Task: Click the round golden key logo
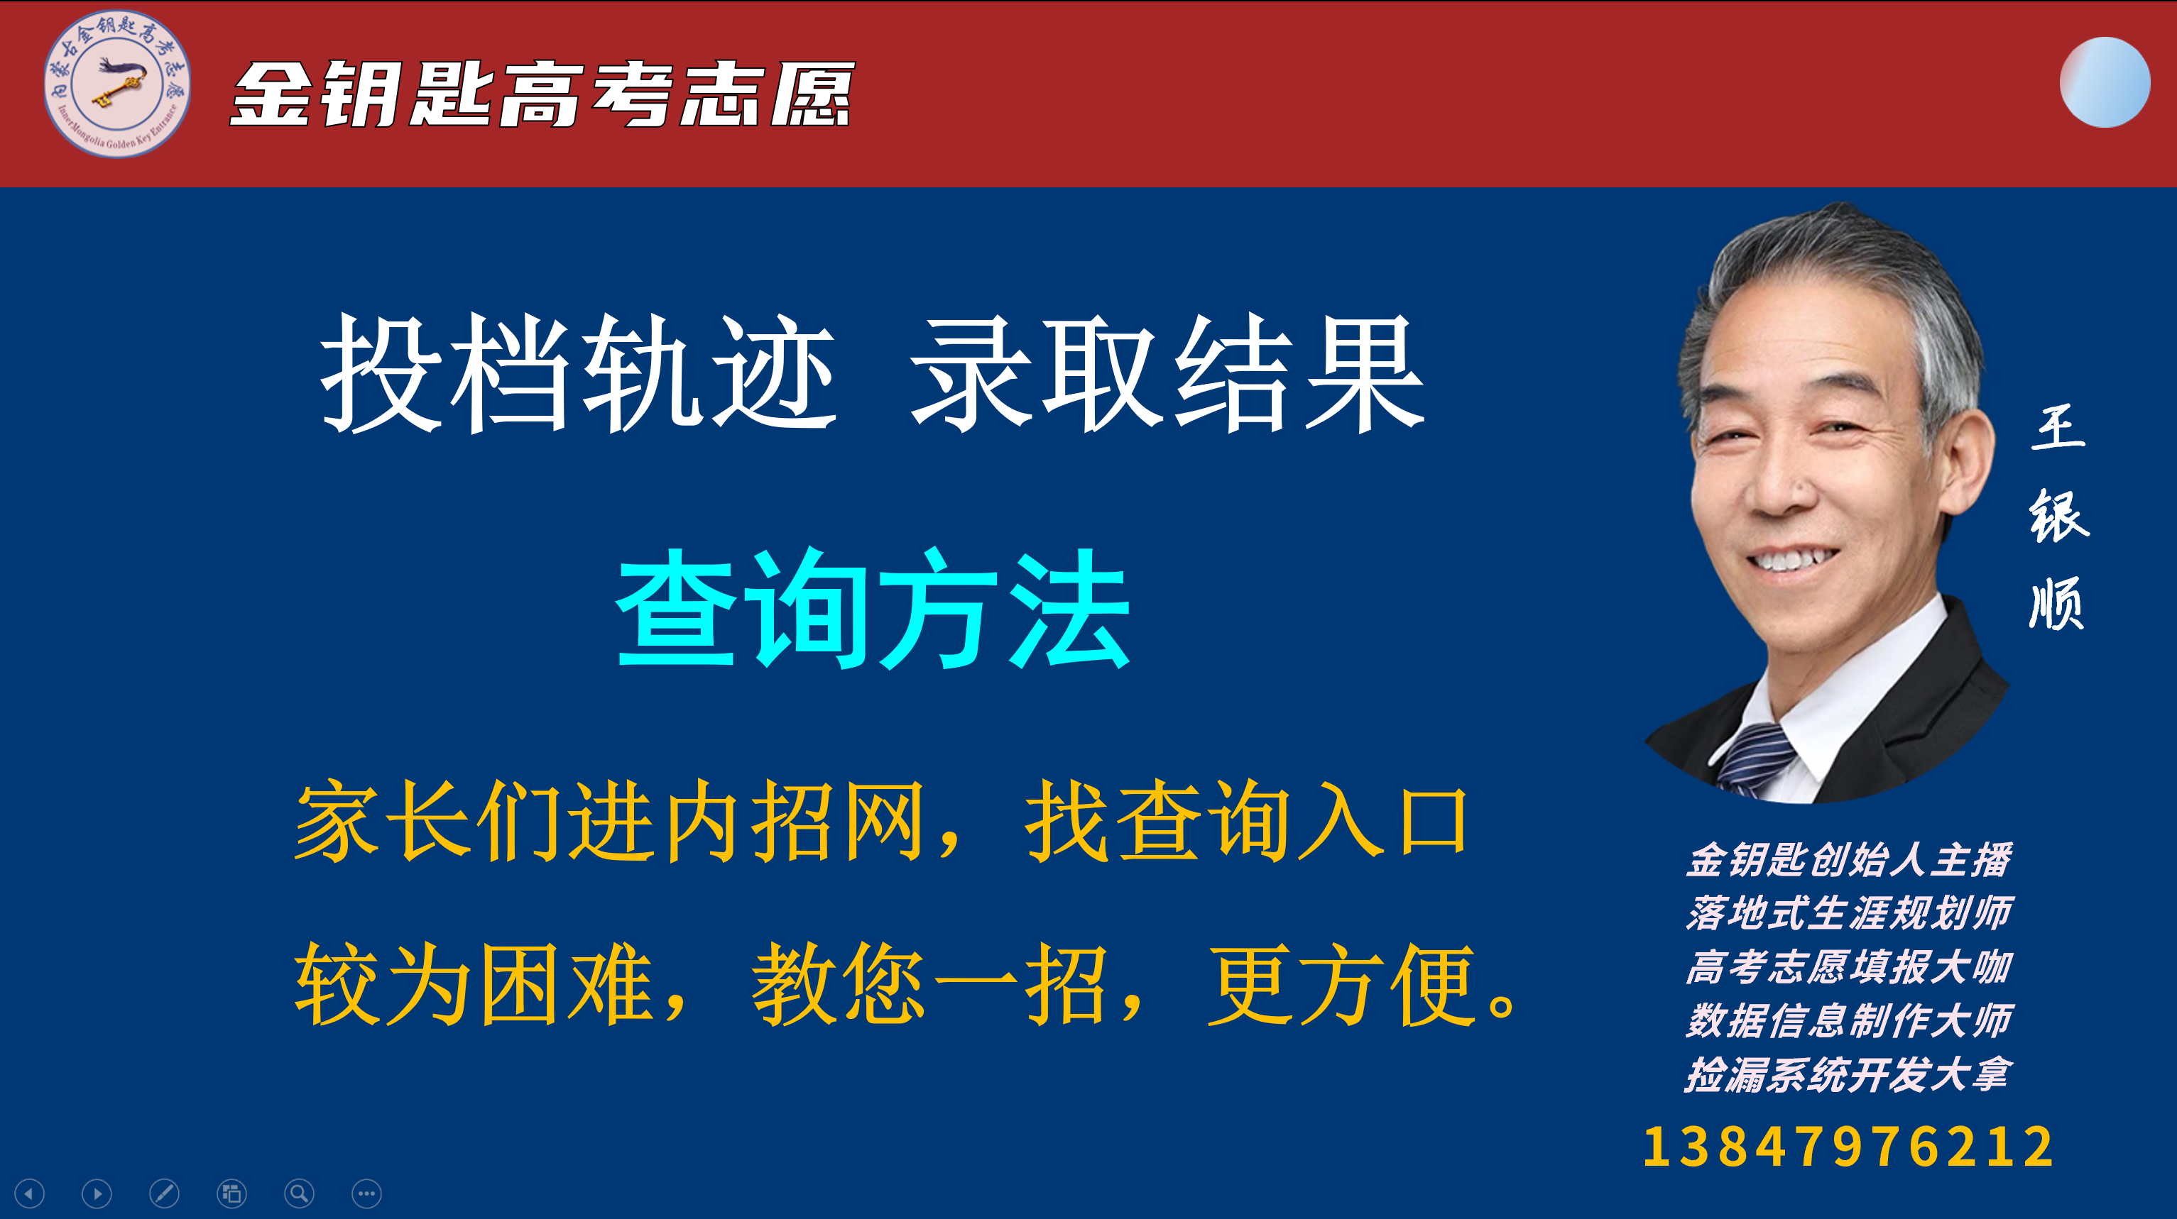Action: pos(116,84)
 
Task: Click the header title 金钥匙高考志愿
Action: pos(542,94)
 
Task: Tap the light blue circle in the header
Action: pos(2105,82)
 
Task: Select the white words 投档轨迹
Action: pos(578,373)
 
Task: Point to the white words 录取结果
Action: pos(1168,373)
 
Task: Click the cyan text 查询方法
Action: pos(873,607)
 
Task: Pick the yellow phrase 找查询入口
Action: pos(1245,820)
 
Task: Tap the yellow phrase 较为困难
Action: pos(474,984)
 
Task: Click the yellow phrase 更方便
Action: pos(1342,984)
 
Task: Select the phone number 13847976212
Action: pos(1848,1147)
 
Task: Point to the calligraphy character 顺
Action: pos(2057,603)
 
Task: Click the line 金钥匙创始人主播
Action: pos(1849,860)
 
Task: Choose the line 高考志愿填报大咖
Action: pos(1849,967)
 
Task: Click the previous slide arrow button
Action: pos(30,1193)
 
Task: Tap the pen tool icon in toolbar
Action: pos(164,1193)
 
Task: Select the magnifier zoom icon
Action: pos(299,1193)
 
